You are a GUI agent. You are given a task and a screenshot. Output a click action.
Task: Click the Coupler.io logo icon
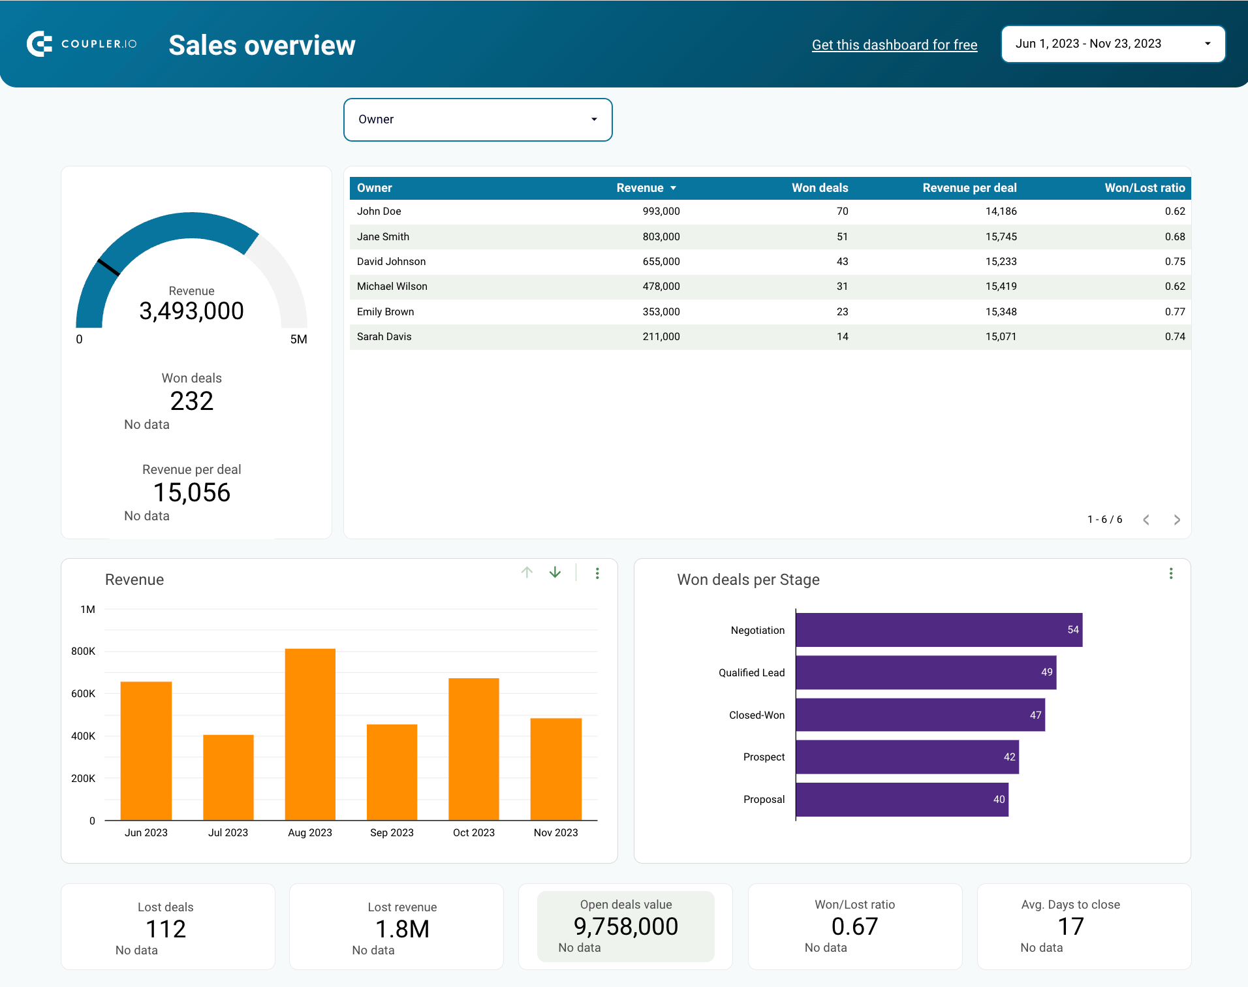(x=40, y=44)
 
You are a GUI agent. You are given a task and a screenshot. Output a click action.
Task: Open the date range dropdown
(x=1112, y=44)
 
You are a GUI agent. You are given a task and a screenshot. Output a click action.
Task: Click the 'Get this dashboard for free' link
(x=894, y=44)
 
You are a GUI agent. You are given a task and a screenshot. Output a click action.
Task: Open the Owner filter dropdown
(x=477, y=119)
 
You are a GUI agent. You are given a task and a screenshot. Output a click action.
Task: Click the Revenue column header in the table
(x=640, y=188)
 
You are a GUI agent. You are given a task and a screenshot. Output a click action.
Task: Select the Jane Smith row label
(x=383, y=236)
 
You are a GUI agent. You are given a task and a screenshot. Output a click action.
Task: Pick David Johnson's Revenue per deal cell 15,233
(x=1001, y=261)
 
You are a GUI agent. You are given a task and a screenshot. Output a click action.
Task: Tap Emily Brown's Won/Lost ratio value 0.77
(x=1174, y=311)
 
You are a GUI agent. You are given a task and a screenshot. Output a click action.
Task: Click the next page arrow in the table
(x=1177, y=520)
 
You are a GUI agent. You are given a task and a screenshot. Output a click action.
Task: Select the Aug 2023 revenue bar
(x=310, y=734)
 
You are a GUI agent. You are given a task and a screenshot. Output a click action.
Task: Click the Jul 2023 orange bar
(x=228, y=777)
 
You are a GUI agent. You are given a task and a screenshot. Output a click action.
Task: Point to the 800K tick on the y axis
(x=83, y=651)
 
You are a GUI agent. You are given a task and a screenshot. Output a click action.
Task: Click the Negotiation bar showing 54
(x=938, y=630)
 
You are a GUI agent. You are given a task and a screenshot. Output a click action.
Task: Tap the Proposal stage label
(x=764, y=799)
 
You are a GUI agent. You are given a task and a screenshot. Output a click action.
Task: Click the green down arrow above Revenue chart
(x=555, y=572)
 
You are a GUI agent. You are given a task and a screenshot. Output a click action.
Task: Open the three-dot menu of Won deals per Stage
(x=1170, y=573)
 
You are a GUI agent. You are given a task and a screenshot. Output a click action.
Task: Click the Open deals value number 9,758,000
(x=625, y=926)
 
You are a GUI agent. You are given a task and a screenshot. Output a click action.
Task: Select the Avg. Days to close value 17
(x=1070, y=926)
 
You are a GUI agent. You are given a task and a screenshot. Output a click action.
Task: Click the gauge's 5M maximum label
(x=298, y=339)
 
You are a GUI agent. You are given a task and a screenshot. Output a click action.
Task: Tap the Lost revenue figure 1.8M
(x=402, y=929)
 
